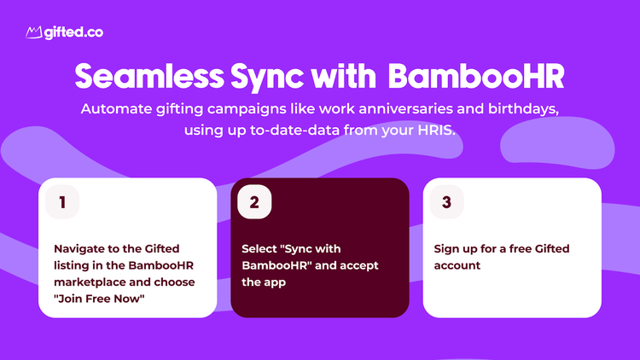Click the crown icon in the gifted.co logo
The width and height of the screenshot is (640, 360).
[x=34, y=32]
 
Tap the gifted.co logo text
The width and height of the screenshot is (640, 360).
[x=73, y=32]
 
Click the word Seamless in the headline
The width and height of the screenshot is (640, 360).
[x=149, y=76]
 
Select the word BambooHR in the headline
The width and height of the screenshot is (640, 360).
[x=476, y=76]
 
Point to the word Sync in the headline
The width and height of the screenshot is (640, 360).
[x=267, y=78]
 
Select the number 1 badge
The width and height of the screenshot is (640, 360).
[x=62, y=202]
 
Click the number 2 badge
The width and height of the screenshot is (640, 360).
[x=254, y=202]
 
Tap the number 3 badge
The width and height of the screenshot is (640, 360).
[x=447, y=202]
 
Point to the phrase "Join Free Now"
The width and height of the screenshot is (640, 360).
[x=99, y=299]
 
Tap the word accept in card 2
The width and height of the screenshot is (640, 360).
[x=359, y=266]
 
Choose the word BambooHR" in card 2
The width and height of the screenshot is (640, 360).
[x=276, y=265]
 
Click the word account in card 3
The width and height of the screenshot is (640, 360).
[x=457, y=265]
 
